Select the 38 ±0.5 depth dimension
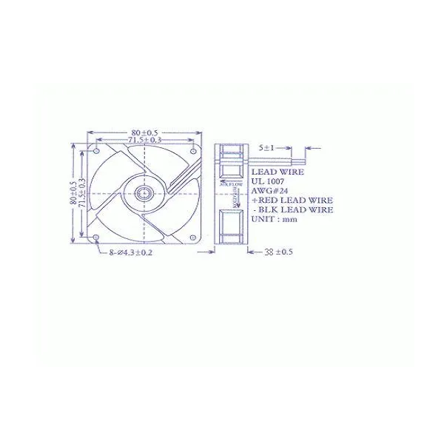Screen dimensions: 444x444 pyautogui.click(x=278, y=252)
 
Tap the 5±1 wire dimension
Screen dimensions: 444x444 pyautogui.click(x=266, y=148)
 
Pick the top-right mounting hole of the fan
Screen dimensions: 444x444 pyautogui.click(x=193, y=152)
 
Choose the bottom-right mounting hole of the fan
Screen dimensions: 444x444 pyautogui.click(x=193, y=238)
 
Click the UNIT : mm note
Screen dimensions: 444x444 pyautogui.click(x=273, y=219)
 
